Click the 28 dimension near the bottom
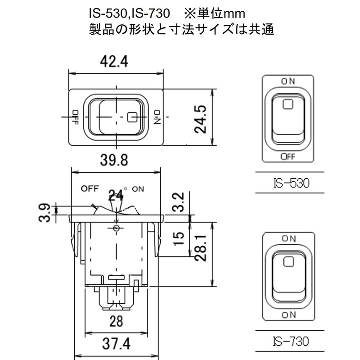tap(117, 321)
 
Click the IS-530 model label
tap(289, 184)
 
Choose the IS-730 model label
tap(289, 341)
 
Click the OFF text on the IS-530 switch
tap(288, 156)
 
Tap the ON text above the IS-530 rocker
tap(288, 81)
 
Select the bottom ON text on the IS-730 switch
tap(288, 313)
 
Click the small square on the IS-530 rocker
tap(288, 104)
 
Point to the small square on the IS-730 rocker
tap(288, 261)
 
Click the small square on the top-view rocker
tap(132, 117)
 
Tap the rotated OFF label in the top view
tap(75, 117)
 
